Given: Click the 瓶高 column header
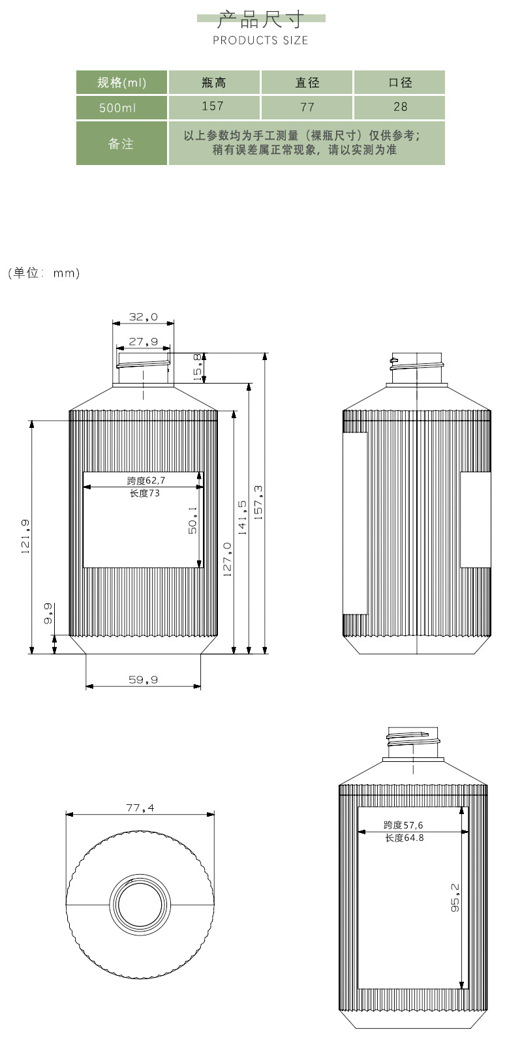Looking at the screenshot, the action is point(214,82).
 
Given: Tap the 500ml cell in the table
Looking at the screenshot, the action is point(121,108).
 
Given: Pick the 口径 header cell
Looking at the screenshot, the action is point(399,82).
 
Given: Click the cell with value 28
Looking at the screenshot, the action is point(399,107).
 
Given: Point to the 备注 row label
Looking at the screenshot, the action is point(121,144).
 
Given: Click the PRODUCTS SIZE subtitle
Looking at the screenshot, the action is point(260,40).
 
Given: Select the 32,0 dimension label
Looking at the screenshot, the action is point(144,316).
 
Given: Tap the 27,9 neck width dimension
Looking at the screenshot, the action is point(144,341).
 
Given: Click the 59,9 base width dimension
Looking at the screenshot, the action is point(144,680).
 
